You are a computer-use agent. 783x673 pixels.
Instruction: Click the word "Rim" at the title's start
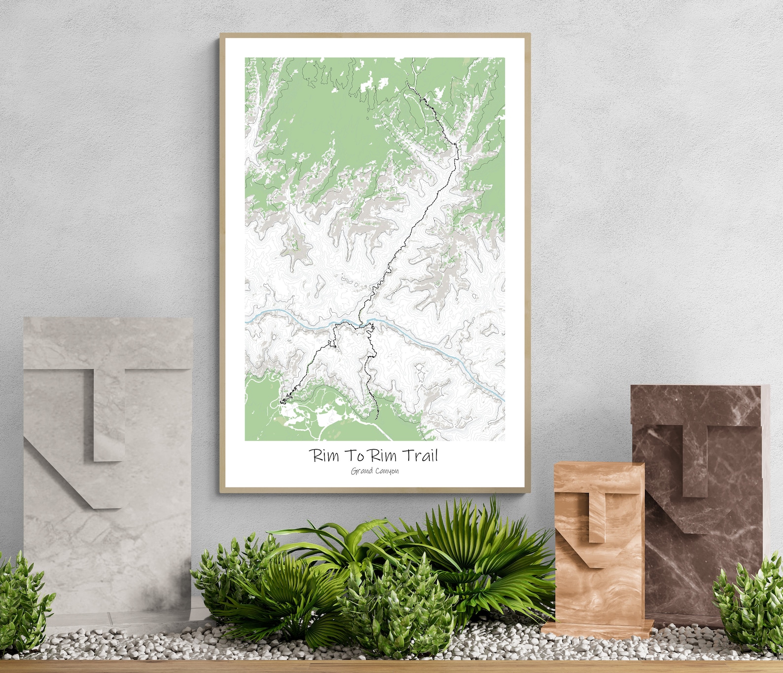[x=323, y=455]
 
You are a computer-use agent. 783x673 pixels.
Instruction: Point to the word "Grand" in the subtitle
[x=361, y=471]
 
